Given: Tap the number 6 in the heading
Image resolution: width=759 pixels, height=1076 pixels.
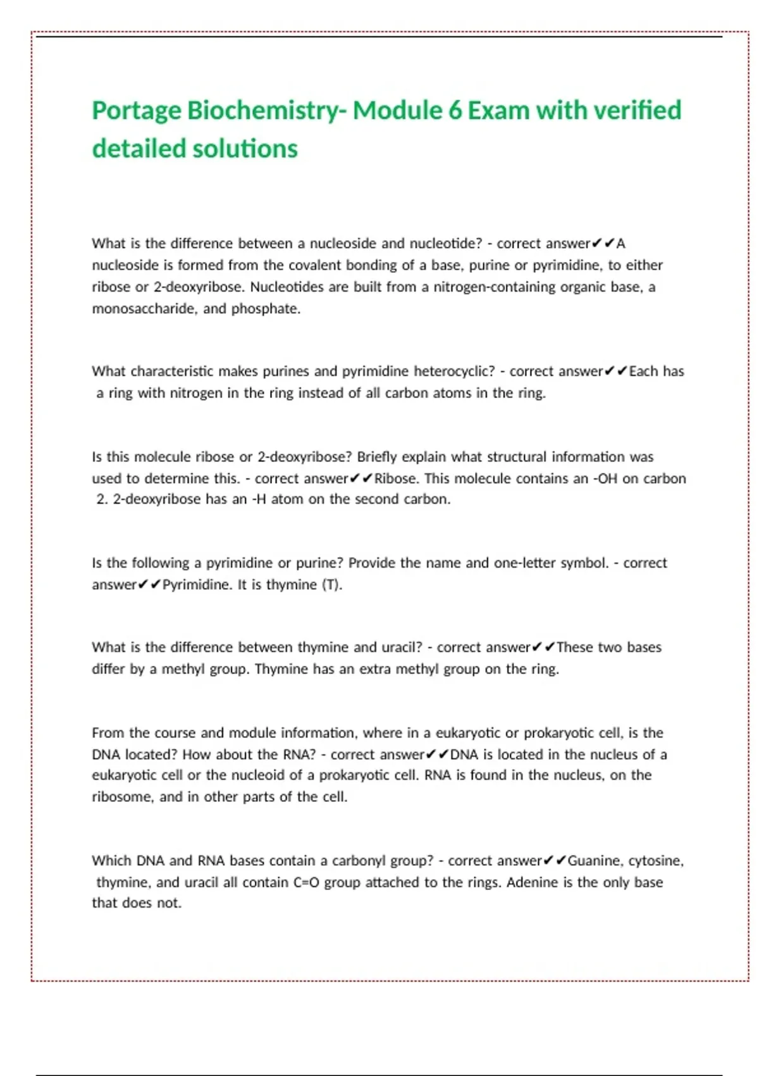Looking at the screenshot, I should click(455, 111).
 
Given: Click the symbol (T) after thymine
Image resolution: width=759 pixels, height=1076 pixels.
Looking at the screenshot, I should click(332, 585).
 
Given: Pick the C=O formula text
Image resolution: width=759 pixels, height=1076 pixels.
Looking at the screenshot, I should click(307, 882).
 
